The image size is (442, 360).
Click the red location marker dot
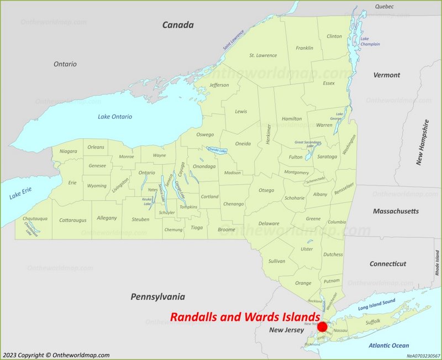(x=322, y=327)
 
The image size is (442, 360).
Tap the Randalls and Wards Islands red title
(x=245, y=317)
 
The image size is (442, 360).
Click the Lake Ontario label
(x=115, y=117)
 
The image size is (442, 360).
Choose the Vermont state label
(x=386, y=75)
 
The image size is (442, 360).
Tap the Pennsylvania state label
(x=157, y=297)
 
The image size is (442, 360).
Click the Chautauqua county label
(x=35, y=218)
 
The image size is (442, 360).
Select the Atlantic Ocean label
(x=389, y=346)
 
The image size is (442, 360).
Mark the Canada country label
(x=178, y=25)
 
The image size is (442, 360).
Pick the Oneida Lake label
(x=217, y=150)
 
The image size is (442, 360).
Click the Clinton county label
(x=334, y=36)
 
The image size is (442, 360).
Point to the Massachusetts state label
(x=396, y=211)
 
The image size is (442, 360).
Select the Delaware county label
(x=269, y=223)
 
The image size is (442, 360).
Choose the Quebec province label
(x=385, y=7)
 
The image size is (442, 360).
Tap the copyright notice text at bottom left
(x=56, y=355)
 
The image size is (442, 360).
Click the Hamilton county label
(x=292, y=119)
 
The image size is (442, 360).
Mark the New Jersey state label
(x=286, y=330)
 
